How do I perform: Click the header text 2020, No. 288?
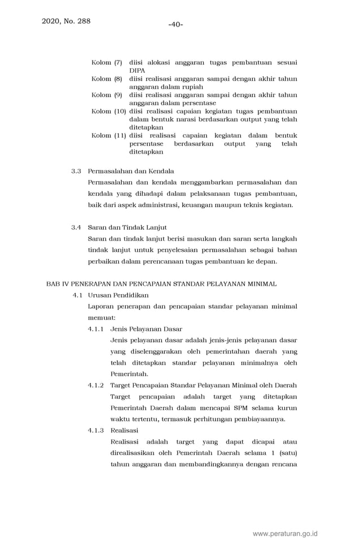(66, 21)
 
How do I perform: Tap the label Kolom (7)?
(107, 63)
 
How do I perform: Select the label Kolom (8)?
(107, 79)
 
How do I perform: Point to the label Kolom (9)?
(107, 95)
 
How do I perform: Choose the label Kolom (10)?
(108, 112)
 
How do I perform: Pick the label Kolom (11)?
(108, 136)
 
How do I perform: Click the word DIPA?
(137, 71)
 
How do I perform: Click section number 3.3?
(76, 171)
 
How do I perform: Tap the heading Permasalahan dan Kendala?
(131, 171)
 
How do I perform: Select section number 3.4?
(76, 228)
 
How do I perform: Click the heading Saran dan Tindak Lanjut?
(128, 228)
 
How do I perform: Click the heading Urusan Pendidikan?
(118, 295)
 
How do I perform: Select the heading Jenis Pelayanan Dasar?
(146, 329)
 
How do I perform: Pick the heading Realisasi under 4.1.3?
(124, 431)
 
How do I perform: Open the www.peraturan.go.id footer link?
(285, 533)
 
